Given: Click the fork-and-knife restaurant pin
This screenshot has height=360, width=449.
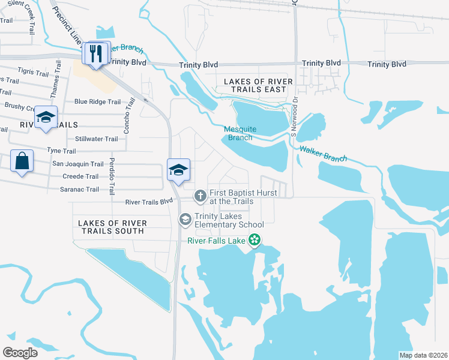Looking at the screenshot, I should coord(97,53).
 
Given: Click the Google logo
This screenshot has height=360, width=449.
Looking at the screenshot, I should coord(20,352).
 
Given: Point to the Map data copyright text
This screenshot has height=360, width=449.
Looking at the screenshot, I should coord(423,355).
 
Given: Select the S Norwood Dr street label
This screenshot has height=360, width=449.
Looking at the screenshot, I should coord(294,117).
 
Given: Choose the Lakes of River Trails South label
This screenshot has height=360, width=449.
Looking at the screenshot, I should coord(111,227).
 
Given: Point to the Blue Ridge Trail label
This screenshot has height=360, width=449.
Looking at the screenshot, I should coord(97,102).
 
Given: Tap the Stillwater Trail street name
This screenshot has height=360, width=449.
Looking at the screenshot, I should coord(98,139).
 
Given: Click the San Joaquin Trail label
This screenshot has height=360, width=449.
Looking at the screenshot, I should coord(78,164).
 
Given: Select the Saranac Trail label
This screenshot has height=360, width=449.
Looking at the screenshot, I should coord(75,190).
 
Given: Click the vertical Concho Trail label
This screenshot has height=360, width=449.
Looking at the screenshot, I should coord(127,116).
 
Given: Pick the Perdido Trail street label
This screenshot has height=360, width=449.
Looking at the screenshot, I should coord(112,176).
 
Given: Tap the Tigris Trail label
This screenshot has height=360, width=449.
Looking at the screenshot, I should coord(33,73).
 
